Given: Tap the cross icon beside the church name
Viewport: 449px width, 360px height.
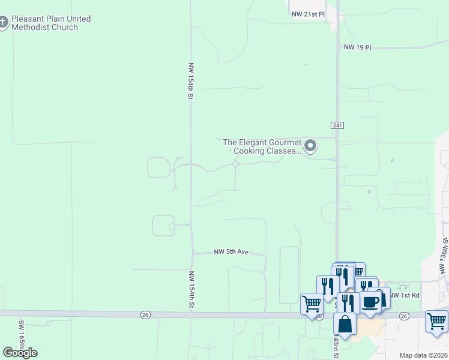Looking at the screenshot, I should click(4, 23).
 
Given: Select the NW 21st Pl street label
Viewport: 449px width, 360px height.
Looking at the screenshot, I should click(307, 13).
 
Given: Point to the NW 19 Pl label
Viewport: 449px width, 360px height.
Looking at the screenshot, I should click(358, 47).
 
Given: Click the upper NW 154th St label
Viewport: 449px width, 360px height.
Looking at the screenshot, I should click(191, 80).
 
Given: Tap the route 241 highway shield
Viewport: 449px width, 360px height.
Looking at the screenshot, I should click(337, 125).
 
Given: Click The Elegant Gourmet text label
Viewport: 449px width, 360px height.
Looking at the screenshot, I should click(262, 146).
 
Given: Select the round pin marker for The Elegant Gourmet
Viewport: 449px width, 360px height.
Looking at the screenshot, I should click(310, 146).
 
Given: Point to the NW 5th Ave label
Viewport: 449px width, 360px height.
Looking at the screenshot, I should click(231, 253).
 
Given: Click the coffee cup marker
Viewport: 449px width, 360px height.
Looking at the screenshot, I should click(370, 302).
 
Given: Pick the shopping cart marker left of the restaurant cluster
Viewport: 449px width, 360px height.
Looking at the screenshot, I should click(312, 304).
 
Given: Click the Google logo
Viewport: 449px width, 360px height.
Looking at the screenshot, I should click(20, 353).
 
